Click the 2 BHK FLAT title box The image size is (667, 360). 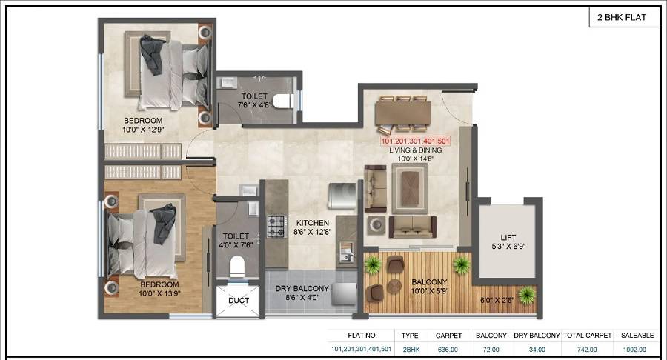click(624, 17)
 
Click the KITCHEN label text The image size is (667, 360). click(313, 222)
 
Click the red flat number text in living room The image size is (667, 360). click(415, 140)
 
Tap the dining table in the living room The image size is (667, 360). click(403, 113)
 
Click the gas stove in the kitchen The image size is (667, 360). click(276, 226)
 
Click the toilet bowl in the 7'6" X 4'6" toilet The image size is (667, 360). click(280, 101)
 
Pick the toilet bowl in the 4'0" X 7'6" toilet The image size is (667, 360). click(237, 264)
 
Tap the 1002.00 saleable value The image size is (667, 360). click(634, 349)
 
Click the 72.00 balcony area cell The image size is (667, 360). click(491, 349)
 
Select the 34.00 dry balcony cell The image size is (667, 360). click(537, 349)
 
